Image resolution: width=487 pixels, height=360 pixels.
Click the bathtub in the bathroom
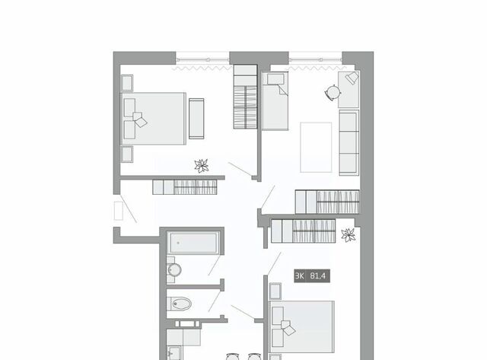click(193, 243)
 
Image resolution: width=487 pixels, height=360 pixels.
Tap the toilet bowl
click(180, 304)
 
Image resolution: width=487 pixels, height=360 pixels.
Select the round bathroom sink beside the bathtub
click(174, 269)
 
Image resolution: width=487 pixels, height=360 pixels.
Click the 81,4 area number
click(318, 276)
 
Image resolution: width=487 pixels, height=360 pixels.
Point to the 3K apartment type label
click(300, 276)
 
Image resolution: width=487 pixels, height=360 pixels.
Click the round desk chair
click(333, 93)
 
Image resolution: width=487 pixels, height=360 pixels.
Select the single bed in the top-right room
click(275, 100)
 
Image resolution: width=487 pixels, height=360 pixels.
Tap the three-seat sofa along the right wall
click(349, 142)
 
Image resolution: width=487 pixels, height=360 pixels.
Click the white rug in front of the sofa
click(316, 147)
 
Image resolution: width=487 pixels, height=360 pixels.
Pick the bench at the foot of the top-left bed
click(196, 119)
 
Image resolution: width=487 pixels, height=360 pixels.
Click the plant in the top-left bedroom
click(202, 166)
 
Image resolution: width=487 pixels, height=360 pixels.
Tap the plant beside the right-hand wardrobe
click(349, 235)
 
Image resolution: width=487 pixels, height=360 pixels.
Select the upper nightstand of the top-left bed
click(127, 83)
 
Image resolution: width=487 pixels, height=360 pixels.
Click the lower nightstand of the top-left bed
click(127, 154)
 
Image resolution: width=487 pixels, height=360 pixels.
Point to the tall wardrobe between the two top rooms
click(245, 97)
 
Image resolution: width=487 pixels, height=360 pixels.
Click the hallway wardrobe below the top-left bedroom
click(185, 187)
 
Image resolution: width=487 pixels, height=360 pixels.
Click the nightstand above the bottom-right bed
click(275, 292)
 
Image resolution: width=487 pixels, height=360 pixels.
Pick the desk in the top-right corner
click(349, 90)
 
